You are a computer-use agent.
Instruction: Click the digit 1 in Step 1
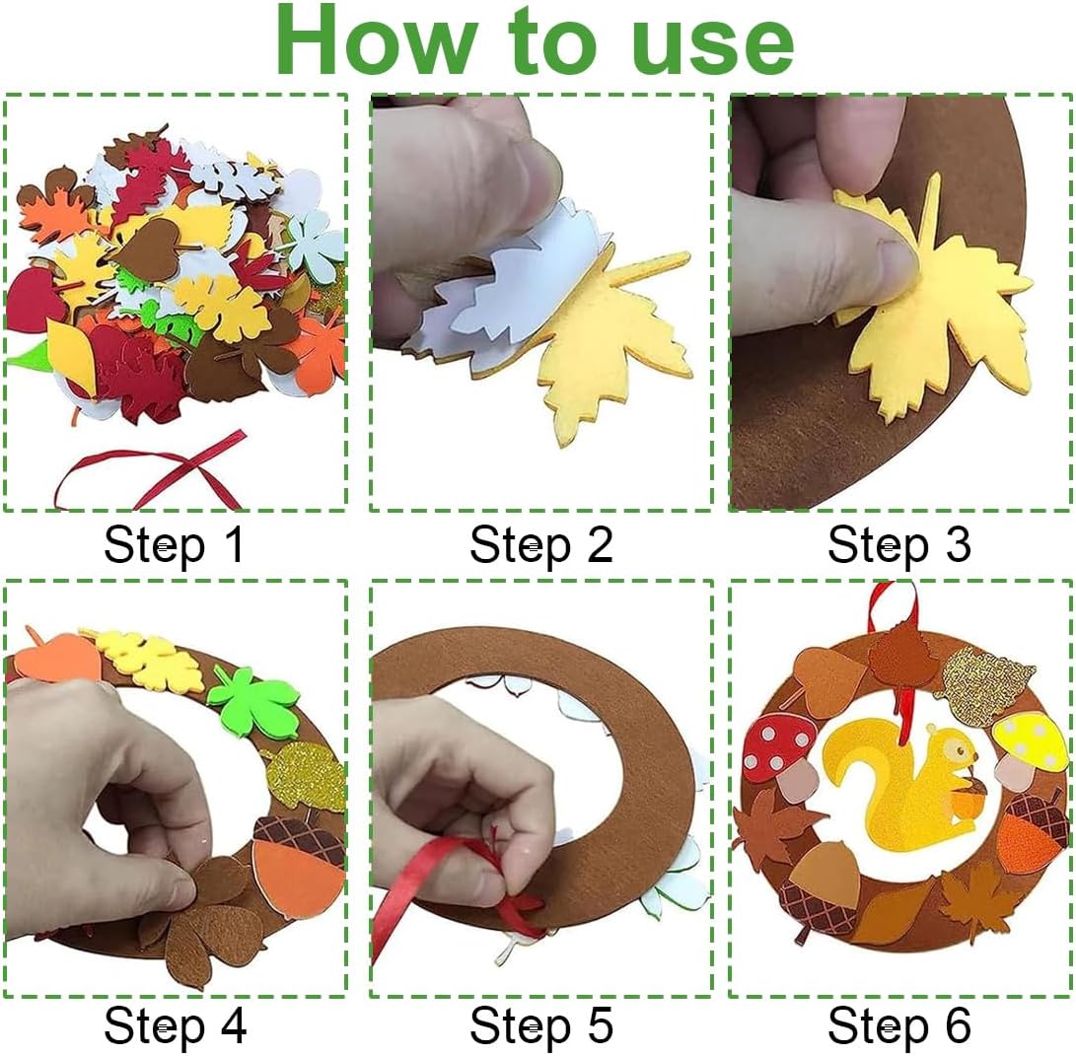(234, 544)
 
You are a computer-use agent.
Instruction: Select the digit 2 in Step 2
(600, 544)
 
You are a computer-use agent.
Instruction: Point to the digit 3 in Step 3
(958, 544)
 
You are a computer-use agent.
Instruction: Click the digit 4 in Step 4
(234, 1025)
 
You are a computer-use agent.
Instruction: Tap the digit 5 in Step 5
(600, 1025)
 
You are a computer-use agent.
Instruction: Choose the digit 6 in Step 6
(958, 1025)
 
